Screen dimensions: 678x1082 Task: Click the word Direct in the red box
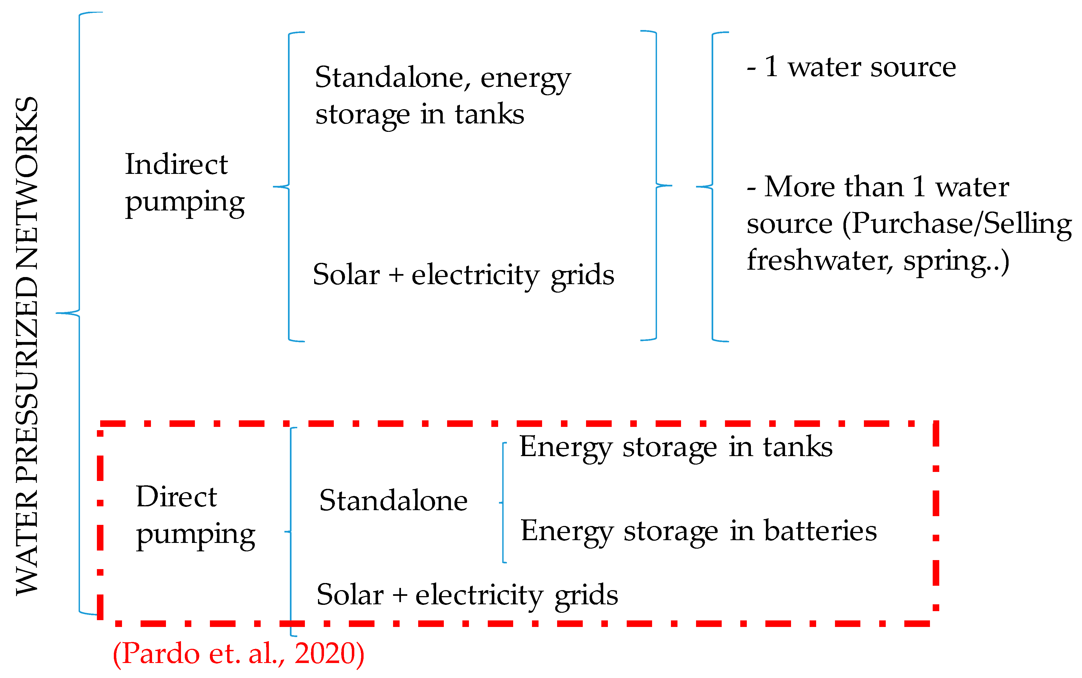coord(176,497)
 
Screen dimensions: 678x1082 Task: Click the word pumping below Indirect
coord(185,203)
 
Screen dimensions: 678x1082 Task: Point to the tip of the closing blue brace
coord(671,185)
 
